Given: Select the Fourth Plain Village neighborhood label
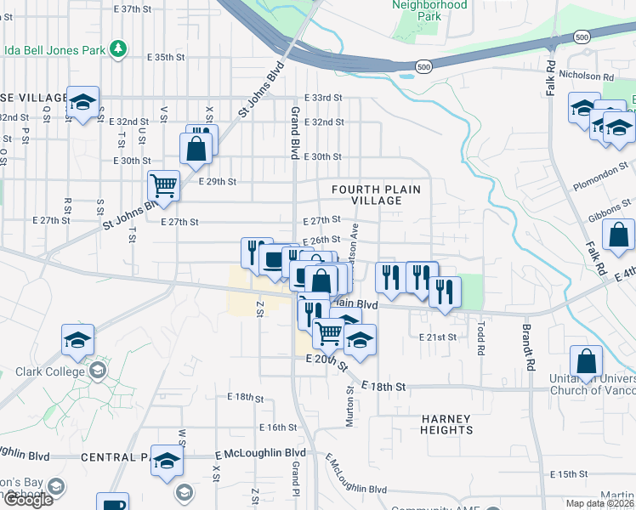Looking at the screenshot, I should (x=377, y=195).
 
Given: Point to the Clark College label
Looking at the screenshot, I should (x=49, y=371).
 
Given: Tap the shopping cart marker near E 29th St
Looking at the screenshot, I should (x=163, y=185).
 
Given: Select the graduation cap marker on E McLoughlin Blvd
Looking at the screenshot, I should (x=167, y=460).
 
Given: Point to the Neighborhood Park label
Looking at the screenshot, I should (x=429, y=10).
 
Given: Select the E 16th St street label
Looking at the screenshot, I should (x=280, y=428).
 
